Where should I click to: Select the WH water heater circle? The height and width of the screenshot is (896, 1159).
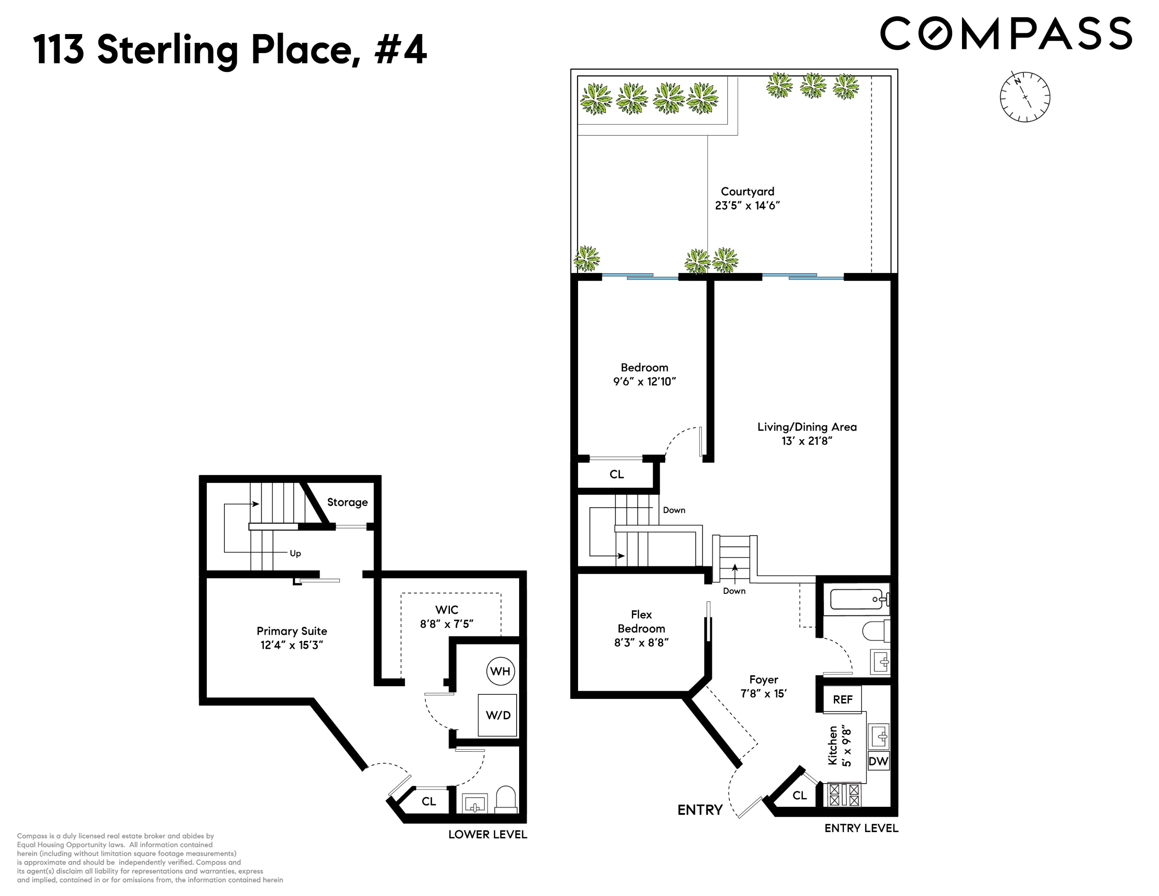[x=500, y=671]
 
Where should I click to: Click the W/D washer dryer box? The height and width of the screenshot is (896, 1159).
[x=498, y=715]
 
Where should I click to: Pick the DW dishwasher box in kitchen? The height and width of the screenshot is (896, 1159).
[x=878, y=761]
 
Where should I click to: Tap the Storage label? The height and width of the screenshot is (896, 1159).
[x=347, y=502]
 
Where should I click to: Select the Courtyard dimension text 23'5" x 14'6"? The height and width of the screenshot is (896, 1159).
[x=747, y=205]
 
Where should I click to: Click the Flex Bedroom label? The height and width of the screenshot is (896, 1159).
[x=641, y=621]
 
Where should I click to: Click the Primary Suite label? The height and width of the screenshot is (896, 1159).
[x=292, y=631]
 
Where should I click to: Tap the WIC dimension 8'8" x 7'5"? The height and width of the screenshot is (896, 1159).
[x=446, y=624]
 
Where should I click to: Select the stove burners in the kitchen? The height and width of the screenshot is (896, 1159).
[x=844, y=795]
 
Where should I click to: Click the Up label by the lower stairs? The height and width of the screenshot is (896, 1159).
[x=295, y=553]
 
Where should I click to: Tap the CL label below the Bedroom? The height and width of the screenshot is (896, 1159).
[x=616, y=474]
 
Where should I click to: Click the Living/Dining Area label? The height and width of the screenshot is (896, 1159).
[x=807, y=427]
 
